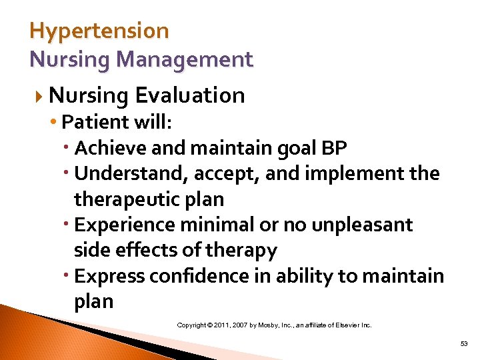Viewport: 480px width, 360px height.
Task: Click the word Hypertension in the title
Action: click(99, 31)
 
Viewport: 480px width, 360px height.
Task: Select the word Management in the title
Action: click(184, 60)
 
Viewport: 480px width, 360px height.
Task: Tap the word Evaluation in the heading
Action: click(190, 95)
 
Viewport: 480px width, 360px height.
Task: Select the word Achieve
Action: click(107, 148)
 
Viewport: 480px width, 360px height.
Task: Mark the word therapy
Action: click(242, 250)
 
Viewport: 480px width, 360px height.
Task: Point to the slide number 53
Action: click(464, 343)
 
